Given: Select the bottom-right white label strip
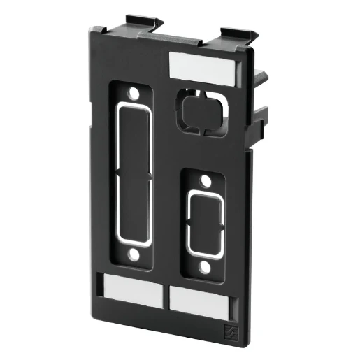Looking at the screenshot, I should (x=199, y=300).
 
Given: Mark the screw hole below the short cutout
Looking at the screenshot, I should (x=204, y=267).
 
